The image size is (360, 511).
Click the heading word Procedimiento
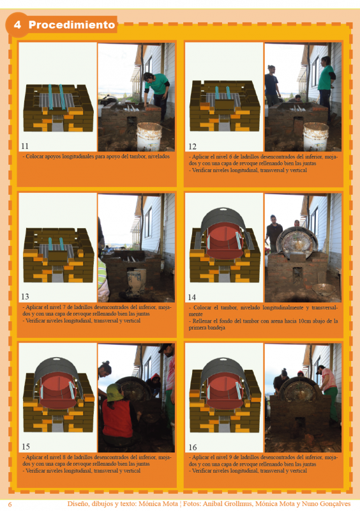click(x=71, y=26)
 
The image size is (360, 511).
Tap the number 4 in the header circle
click(x=17, y=26)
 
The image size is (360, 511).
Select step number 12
click(x=191, y=146)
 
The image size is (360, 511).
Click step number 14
click(x=191, y=297)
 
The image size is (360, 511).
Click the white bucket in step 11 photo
click(x=149, y=136)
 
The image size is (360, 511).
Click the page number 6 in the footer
click(x=10, y=504)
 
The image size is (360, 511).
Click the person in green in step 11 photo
click(x=156, y=86)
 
